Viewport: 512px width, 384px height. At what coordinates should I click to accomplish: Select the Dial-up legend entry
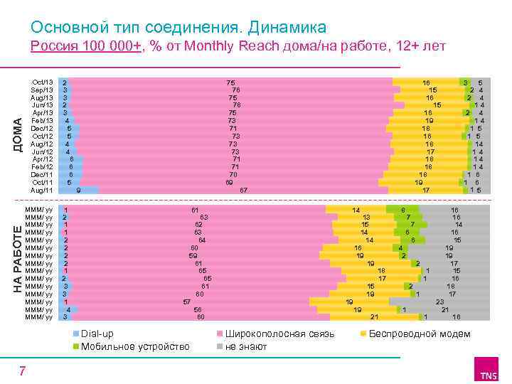click(x=97, y=334)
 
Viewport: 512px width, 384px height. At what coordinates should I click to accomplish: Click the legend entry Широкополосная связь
click(x=279, y=334)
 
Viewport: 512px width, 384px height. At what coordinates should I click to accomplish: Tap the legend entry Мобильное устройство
click(x=134, y=346)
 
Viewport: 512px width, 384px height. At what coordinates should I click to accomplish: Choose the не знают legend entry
click(x=246, y=346)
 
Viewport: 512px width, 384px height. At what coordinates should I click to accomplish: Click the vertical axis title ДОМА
click(x=19, y=133)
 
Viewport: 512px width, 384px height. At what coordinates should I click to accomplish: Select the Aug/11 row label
click(x=42, y=190)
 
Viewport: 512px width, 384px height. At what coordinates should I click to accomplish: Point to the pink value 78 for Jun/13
click(x=237, y=105)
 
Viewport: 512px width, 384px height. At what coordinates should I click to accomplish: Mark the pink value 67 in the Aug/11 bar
click(x=243, y=190)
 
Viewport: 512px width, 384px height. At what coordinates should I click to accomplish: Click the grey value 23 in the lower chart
click(x=440, y=302)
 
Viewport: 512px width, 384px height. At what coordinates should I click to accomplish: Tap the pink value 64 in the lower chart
click(x=203, y=240)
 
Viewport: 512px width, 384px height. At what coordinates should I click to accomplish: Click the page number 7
click(x=23, y=370)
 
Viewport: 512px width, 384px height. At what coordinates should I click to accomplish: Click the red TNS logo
click(x=488, y=373)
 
